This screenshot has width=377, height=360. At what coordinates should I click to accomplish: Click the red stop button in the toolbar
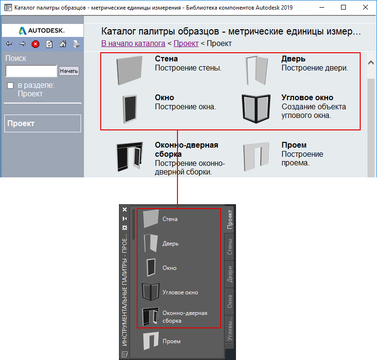click(x=35, y=44)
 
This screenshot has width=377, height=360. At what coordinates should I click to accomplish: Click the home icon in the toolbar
click(x=63, y=44)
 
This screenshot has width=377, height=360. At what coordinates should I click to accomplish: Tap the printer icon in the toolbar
click(x=76, y=44)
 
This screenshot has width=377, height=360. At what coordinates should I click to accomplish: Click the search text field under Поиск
click(x=31, y=71)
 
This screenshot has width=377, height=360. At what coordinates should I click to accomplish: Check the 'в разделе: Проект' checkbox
click(x=11, y=85)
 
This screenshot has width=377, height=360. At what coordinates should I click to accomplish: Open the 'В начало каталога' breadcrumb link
click(x=133, y=43)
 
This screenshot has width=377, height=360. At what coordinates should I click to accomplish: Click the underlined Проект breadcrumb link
click(x=186, y=43)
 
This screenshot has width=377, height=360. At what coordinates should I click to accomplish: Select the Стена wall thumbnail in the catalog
click(x=130, y=70)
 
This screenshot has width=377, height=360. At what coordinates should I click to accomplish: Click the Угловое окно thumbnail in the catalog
click(x=256, y=109)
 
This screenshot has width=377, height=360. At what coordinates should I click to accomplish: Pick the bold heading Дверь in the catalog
click(x=294, y=58)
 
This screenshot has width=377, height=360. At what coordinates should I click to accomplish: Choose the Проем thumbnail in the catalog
click(x=256, y=156)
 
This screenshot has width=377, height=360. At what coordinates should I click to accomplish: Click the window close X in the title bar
click(x=365, y=8)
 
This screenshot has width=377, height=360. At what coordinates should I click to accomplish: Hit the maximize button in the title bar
click(x=343, y=8)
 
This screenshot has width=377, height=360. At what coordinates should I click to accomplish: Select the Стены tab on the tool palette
click(x=230, y=246)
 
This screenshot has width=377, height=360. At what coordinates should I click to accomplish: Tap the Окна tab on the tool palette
click(x=230, y=302)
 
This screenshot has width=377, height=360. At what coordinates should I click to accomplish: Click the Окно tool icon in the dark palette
click(x=151, y=267)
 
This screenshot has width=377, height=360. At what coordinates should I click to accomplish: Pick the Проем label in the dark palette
click(x=171, y=341)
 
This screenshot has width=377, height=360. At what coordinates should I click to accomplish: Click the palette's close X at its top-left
click(x=125, y=209)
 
